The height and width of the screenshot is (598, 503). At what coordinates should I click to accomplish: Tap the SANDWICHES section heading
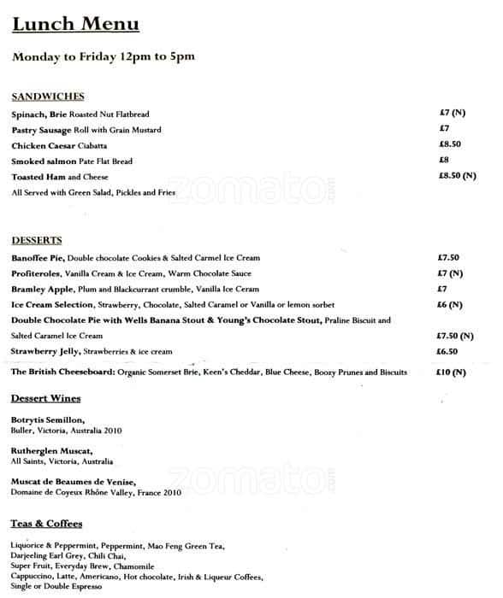(48, 97)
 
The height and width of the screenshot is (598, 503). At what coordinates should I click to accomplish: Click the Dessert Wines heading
(46, 399)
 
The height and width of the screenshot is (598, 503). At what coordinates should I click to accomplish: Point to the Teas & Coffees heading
(47, 523)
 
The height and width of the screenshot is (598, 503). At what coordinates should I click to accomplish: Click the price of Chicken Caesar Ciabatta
(450, 144)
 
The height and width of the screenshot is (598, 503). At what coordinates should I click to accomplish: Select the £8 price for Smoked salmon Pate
(444, 160)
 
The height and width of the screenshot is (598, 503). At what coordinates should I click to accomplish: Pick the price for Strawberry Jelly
(447, 351)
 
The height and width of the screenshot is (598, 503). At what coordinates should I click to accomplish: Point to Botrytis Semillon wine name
(48, 420)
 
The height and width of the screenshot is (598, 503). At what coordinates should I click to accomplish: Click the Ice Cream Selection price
(450, 305)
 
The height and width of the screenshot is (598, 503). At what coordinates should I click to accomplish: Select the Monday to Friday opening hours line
(104, 57)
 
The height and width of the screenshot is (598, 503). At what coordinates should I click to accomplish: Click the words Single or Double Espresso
(56, 589)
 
